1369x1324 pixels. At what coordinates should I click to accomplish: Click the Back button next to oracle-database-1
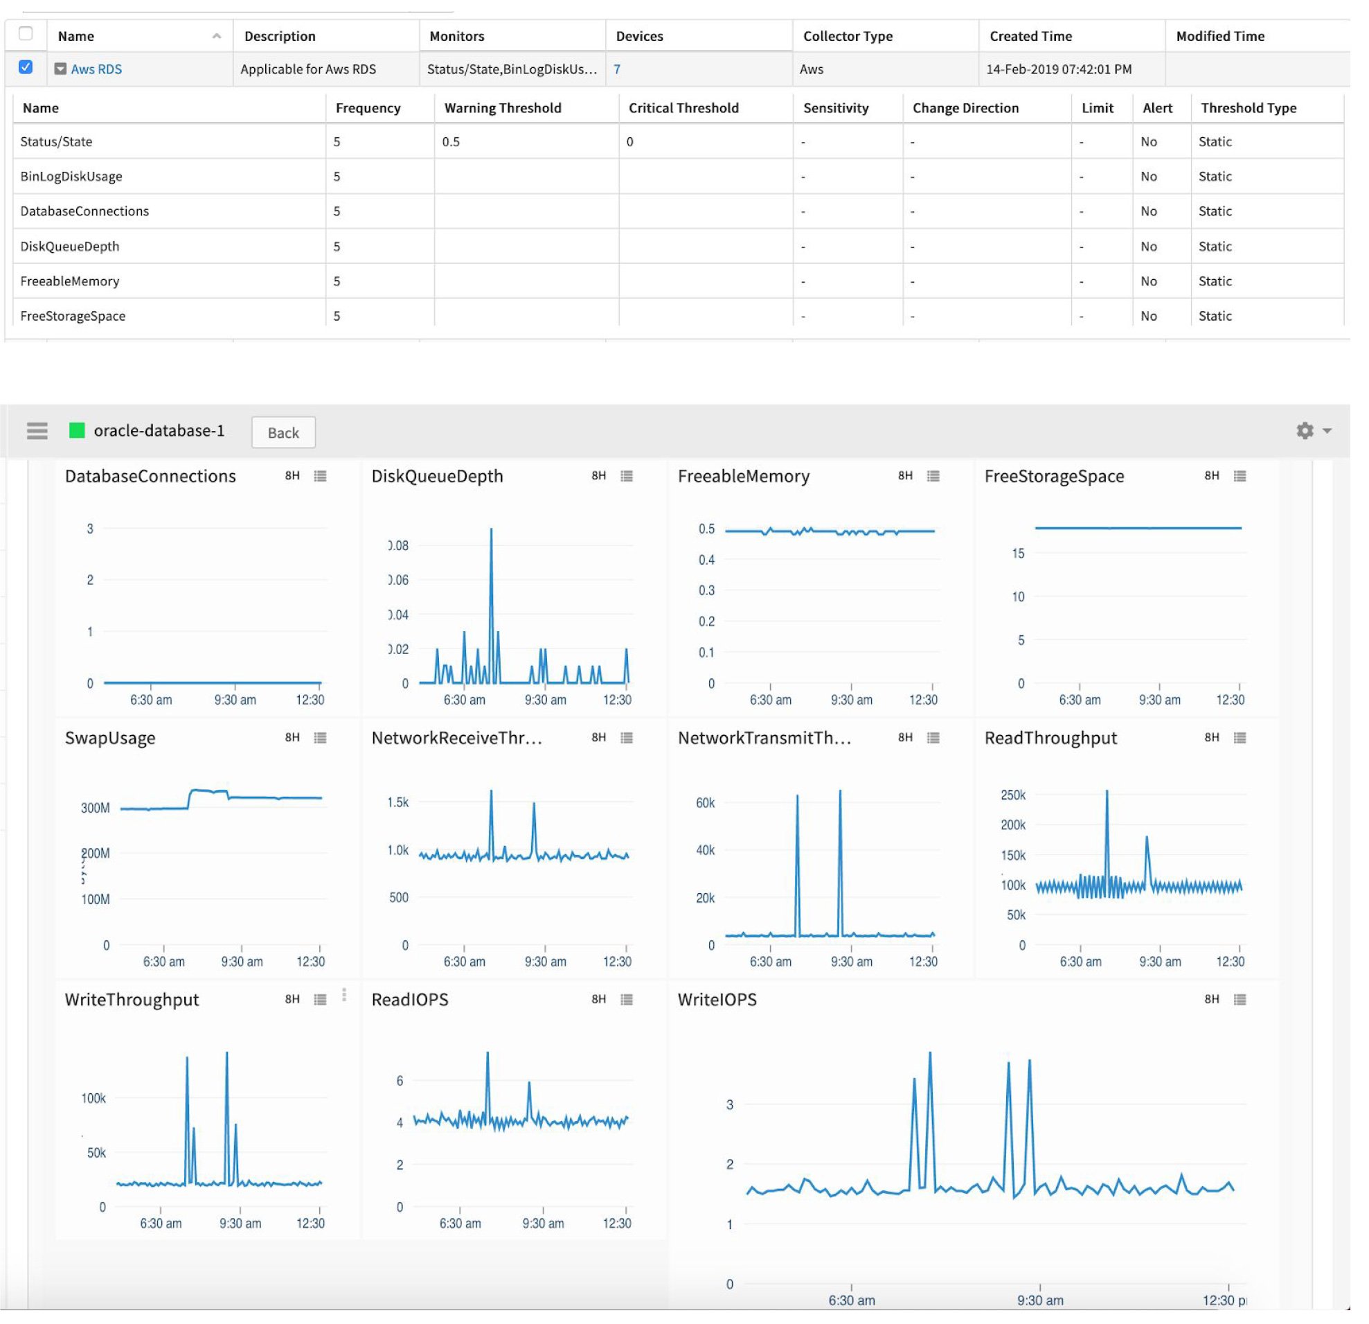click(x=283, y=432)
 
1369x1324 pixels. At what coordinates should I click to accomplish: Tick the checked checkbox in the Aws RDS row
click(x=26, y=67)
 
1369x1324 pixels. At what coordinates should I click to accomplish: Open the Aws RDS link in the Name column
click(x=96, y=69)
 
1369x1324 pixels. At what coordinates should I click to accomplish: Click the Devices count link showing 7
click(x=617, y=69)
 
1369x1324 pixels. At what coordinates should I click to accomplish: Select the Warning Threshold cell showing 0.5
click(x=451, y=142)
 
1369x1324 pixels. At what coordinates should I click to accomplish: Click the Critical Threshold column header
click(x=683, y=107)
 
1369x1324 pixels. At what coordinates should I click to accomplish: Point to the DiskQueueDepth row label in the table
click(x=70, y=246)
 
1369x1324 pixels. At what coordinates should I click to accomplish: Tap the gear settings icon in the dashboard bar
click(x=1305, y=430)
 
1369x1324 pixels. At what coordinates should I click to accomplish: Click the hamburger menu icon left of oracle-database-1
click(x=37, y=430)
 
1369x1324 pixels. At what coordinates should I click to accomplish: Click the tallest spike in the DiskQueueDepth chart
click(x=491, y=531)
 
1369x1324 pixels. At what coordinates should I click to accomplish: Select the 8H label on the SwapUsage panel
click(x=292, y=738)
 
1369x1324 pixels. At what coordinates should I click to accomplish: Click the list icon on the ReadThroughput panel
click(x=1240, y=738)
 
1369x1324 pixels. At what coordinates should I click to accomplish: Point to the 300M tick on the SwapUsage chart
click(x=96, y=809)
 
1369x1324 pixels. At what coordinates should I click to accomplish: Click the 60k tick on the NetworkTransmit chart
click(x=706, y=803)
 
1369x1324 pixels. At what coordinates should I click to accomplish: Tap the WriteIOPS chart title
click(x=717, y=1000)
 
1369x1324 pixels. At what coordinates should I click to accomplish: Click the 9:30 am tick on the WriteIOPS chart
click(x=1040, y=1300)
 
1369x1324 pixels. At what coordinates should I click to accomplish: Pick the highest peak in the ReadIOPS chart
click(x=487, y=1054)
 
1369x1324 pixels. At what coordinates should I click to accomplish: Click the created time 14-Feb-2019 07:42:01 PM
click(x=1059, y=69)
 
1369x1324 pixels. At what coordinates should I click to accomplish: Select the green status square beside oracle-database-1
click(x=77, y=430)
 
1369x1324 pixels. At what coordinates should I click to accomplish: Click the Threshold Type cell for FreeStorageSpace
click(x=1215, y=316)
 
